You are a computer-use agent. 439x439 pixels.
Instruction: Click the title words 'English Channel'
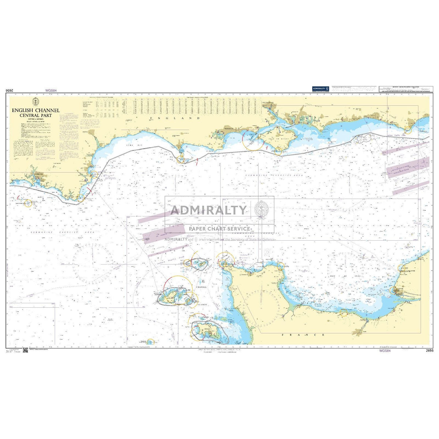[35, 110]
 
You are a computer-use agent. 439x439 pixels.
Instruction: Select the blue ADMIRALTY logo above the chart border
[321, 89]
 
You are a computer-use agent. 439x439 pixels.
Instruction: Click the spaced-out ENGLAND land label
[175, 118]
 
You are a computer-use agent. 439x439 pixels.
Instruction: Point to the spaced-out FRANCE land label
[303, 335]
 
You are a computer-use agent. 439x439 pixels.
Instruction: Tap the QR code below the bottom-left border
[25, 351]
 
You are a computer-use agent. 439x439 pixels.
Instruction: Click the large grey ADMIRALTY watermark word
[209, 210]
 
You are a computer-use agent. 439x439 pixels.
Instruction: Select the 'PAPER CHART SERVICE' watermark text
[219, 229]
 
